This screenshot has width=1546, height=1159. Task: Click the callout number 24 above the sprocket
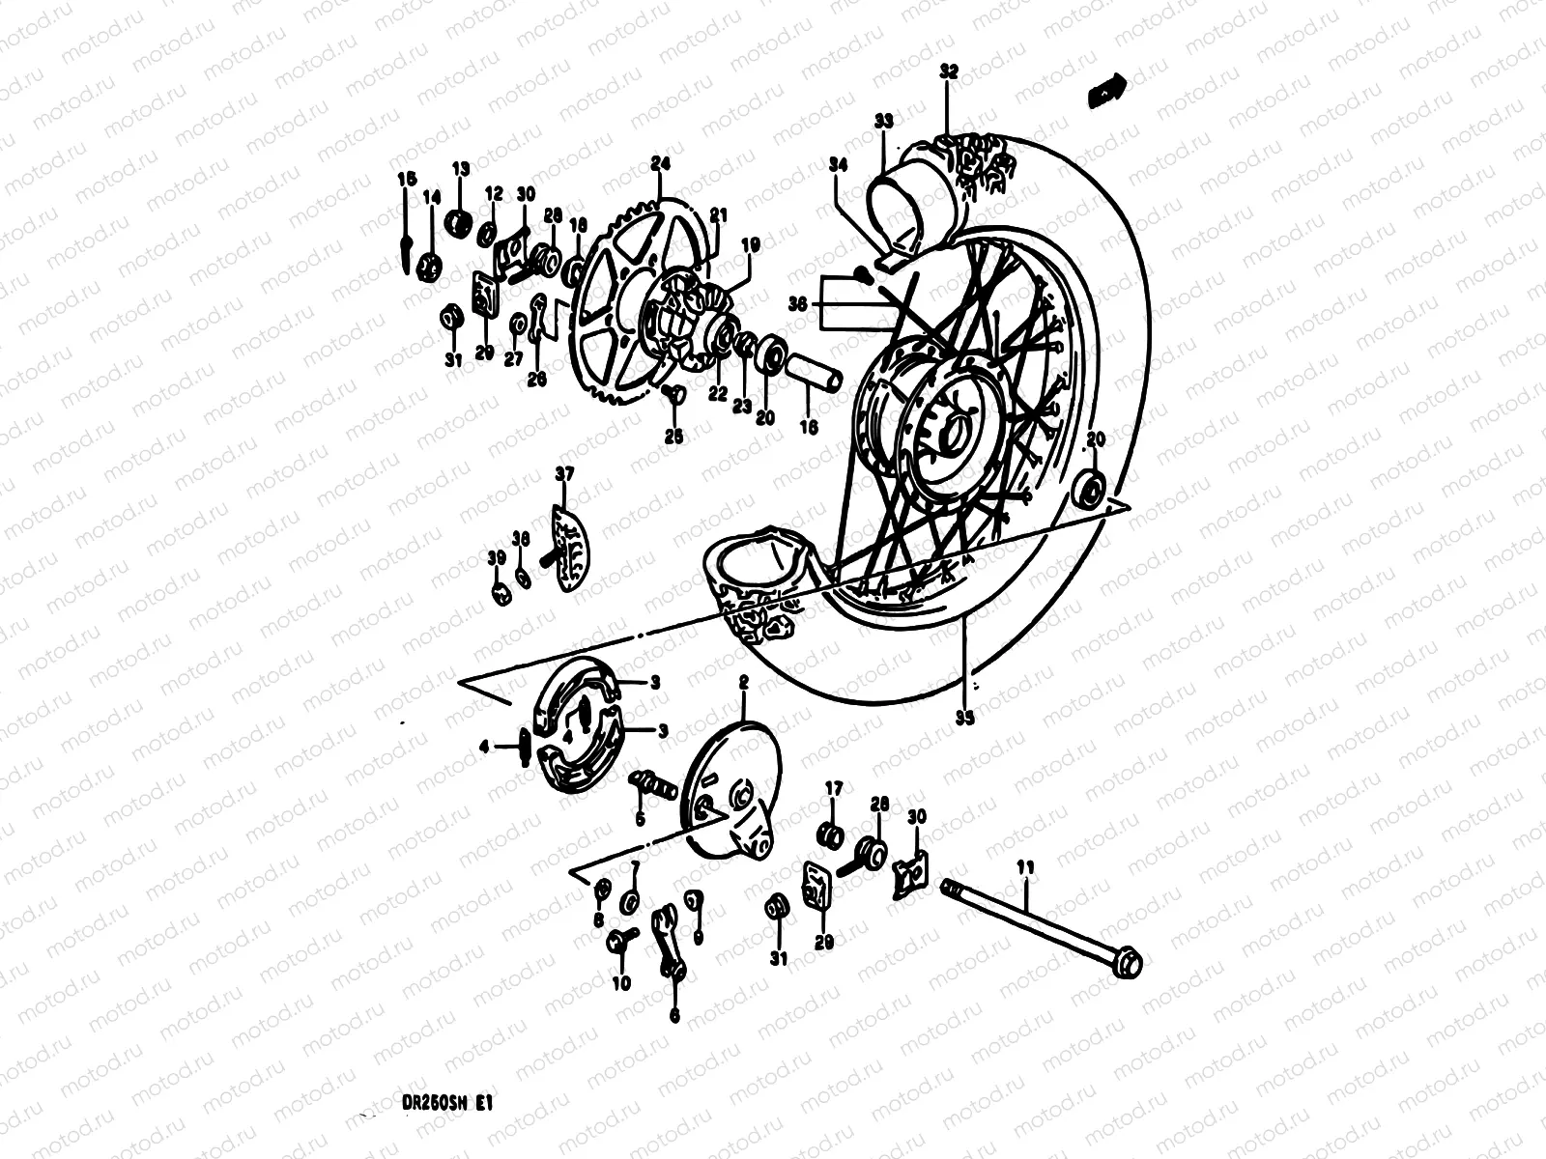pos(660,163)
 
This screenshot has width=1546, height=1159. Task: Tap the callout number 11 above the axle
pos(1025,869)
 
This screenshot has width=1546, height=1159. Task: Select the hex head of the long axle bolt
pos(1127,963)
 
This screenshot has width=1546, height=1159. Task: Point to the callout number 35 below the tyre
pos(963,718)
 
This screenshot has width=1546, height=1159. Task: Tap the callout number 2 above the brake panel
pos(743,683)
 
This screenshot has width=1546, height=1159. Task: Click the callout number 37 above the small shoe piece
pos(564,473)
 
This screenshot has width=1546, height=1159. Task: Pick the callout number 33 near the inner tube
pos(883,121)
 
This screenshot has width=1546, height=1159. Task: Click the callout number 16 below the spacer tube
pos(809,425)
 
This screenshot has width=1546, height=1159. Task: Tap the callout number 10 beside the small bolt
pos(620,983)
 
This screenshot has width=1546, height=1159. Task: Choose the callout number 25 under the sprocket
pos(673,437)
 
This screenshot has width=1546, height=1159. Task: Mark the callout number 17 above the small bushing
pos(834,790)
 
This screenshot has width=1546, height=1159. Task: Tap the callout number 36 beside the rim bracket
pos(797,302)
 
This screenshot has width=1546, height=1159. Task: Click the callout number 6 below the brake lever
pos(673,1016)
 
